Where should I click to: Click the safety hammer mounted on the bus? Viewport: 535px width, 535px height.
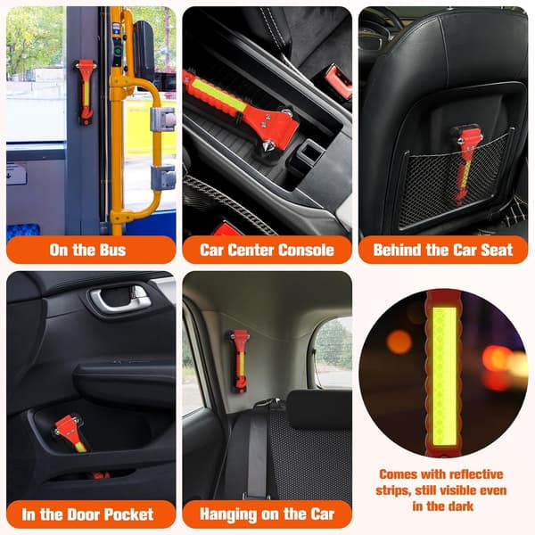click(x=86, y=92)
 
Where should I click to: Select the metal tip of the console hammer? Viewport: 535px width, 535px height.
click(x=265, y=147)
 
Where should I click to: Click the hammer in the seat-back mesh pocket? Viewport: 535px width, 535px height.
click(x=465, y=164)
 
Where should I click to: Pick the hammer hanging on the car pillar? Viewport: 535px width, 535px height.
click(x=238, y=361)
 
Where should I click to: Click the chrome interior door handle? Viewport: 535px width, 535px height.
click(x=119, y=299)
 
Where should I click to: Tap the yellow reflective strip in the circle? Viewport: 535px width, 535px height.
click(x=445, y=376)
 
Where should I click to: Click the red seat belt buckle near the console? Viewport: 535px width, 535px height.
click(x=338, y=81)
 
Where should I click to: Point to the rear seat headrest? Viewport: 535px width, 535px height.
click(x=319, y=408)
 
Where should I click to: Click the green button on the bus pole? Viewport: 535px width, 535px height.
click(x=118, y=52)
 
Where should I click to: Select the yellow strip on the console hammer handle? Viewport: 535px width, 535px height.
click(x=219, y=95)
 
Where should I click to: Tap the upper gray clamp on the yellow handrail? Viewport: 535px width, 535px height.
click(x=163, y=119)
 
